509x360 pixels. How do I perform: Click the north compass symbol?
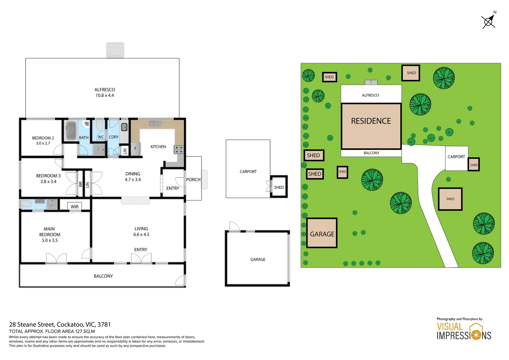click(489, 21)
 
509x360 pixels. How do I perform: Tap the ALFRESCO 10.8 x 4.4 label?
click(105, 93)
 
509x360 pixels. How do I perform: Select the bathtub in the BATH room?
click(71, 130)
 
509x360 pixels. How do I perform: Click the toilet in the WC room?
click(99, 125)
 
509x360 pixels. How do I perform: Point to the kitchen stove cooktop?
click(179, 150)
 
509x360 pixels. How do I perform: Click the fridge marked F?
click(135, 149)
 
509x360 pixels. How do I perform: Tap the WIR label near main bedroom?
click(75, 207)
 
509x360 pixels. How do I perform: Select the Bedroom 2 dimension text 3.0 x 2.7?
click(43, 143)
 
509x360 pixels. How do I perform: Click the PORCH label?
click(193, 180)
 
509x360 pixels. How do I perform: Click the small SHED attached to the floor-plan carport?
click(279, 187)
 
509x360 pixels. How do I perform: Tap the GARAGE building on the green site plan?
click(322, 233)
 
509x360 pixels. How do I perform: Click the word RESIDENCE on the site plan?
click(371, 121)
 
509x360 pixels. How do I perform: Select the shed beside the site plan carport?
click(474, 165)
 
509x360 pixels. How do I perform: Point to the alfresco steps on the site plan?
click(371, 82)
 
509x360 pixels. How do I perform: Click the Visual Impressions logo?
click(464, 331)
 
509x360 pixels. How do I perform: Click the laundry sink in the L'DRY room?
click(124, 127)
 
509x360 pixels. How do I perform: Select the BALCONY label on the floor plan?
click(103, 276)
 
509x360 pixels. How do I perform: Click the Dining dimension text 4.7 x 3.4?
click(133, 180)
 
